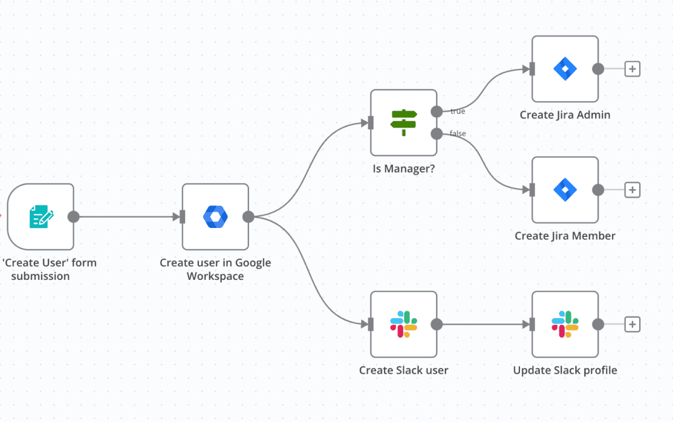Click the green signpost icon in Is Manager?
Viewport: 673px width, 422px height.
pyautogui.click(x=404, y=122)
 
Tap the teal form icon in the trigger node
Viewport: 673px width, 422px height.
pyautogui.click(x=41, y=216)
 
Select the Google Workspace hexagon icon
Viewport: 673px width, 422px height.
pyautogui.click(x=216, y=217)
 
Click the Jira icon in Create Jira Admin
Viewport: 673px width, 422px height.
pyautogui.click(x=565, y=69)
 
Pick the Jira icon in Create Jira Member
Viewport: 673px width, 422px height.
pyautogui.click(x=565, y=190)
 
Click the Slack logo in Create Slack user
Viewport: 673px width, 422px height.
pyautogui.click(x=404, y=324)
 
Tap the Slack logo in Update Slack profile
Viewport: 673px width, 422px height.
pyautogui.click(x=565, y=324)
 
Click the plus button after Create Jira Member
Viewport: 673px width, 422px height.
pyautogui.click(x=632, y=190)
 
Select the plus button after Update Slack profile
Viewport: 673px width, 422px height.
pyautogui.click(x=632, y=324)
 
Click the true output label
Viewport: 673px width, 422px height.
pyautogui.click(x=457, y=111)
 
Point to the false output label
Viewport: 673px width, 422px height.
pyautogui.click(x=457, y=133)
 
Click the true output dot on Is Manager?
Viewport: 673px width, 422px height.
pyautogui.click(x=436, y=112)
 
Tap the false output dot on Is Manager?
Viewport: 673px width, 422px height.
pyautogui.click(x=436, y=134)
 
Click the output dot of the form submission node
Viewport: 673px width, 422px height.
pyautogui.click(x=73, y=217)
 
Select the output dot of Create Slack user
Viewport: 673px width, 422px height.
pyautogui.click(x=436, y=324)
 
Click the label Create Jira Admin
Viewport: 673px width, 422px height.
pyautogui.click(x=565, y=115)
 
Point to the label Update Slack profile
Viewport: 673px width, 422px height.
pyautogui.click(x=565, y=370)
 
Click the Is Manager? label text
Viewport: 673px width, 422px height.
pyautogui.click(x=404, y=169)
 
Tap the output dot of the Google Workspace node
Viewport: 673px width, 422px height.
pyautogui.click(x=248, y=217)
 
